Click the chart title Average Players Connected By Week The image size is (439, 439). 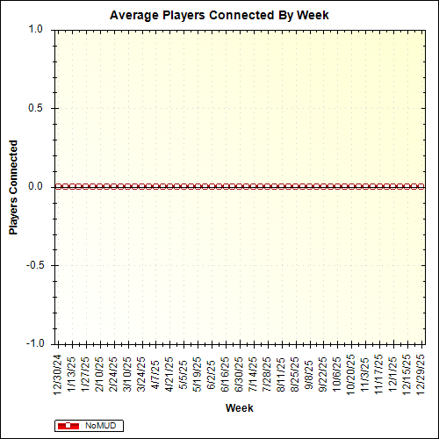coord(219,15)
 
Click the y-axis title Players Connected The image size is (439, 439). coord(14,186)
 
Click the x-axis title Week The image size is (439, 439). coord(239,408)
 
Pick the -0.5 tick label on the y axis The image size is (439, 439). coord(33,265)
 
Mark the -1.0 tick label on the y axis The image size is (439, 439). coord(33,343)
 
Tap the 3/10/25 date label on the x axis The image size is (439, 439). coord(128,373)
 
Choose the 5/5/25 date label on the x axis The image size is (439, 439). coord(184,371)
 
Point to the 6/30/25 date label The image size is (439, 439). coord(239,373)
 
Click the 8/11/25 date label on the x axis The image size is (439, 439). coord(281,373)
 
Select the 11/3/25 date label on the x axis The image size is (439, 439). coord(364,373)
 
